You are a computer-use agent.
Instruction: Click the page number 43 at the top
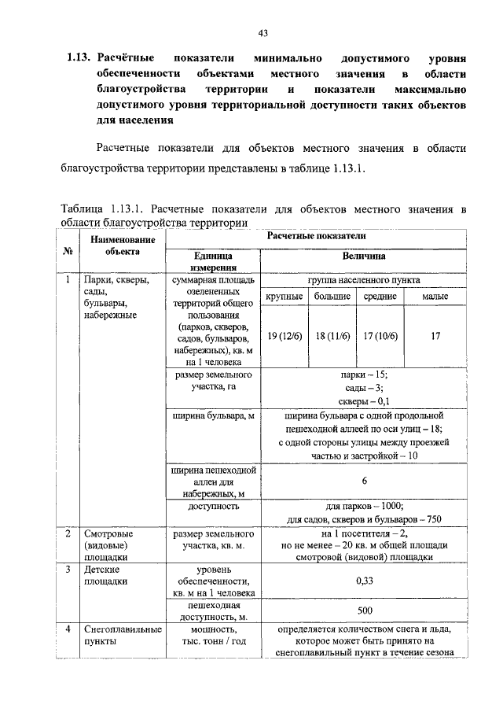click(x=263, y=32)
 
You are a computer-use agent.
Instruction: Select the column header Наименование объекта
click(x=121, y=245)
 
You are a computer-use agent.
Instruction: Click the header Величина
click(x=363, y=256)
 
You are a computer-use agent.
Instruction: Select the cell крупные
click(x=284, y=297)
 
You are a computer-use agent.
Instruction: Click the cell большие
click(x=332, y=297)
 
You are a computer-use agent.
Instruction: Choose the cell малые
click(x=435, y=297)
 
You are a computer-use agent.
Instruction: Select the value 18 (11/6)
click(x=332, y=337)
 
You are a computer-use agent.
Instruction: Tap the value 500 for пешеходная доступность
click(x=363, y=611)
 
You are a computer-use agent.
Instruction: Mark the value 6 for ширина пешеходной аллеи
click(x=363, y=481)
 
